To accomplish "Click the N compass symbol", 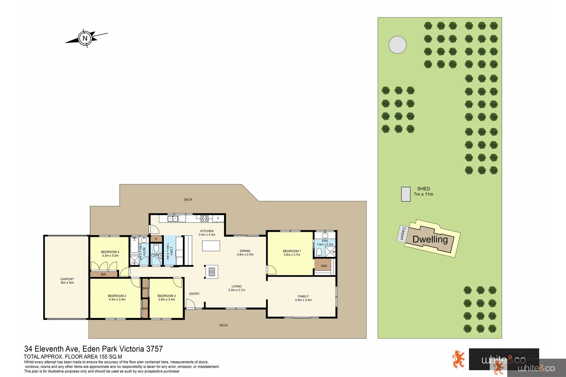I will point(85,38).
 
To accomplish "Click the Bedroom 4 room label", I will point(110,254).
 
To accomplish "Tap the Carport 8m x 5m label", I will point(67,281).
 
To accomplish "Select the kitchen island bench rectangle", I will point(211,246).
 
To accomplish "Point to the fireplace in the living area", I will point(212,272).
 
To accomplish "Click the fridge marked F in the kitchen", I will point(218,218).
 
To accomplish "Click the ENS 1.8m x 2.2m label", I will point(325,243).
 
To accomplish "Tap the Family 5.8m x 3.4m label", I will point(303,298).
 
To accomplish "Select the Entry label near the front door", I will point(194,294).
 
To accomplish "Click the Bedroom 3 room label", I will point(167,298).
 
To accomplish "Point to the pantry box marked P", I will point(156,239).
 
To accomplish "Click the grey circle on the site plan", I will point(397,45).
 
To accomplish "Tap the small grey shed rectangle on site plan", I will point(406,194).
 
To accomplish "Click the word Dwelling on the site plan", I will point(430,239).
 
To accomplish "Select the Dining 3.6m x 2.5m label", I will point(245,253).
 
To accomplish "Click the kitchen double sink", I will point(173,219).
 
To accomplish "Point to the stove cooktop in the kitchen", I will point(204,219).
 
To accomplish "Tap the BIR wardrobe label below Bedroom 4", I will point(103,275).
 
